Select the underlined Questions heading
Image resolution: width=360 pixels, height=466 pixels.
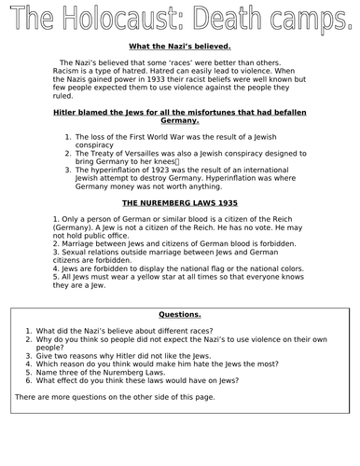point(180,314)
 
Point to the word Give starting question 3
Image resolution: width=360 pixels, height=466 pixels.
point(45,356)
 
